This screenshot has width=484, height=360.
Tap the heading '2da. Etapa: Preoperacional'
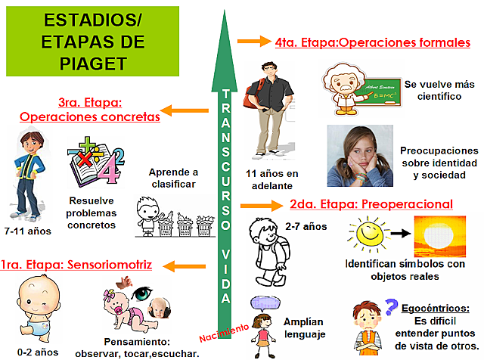tap(371, 204)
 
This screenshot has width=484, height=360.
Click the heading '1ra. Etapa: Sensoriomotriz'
tap(76, 265)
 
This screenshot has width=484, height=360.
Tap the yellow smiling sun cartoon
tap(365, 237)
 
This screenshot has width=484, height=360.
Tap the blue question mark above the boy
tap(391, 306)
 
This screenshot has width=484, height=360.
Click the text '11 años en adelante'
tap(271, 180)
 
